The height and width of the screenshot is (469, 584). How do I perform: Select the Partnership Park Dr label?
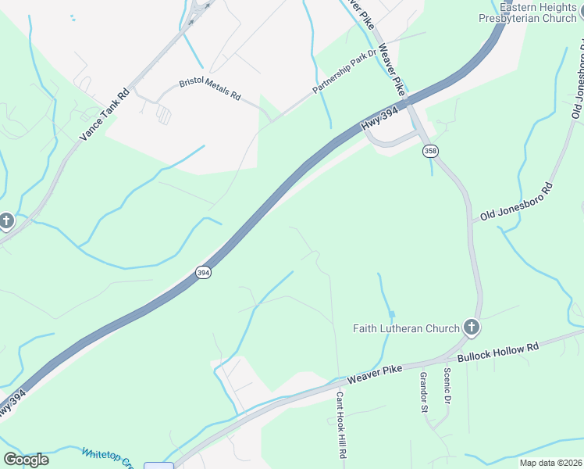(344, 75)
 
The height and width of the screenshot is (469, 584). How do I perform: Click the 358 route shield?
(429, 149)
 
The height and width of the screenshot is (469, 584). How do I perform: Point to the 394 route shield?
(203, 273)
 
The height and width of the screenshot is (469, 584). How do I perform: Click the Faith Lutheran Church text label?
(406, 328)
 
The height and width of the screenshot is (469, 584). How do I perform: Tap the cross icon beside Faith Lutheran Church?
(471, 327)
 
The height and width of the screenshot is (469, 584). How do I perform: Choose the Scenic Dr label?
(447, 387)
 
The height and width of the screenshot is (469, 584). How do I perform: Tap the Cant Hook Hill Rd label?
(341, 424)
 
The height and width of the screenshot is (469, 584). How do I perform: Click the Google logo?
(26, 460)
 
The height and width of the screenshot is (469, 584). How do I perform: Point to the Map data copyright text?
(550, 463)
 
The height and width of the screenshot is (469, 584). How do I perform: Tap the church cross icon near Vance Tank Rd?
(6, 221)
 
